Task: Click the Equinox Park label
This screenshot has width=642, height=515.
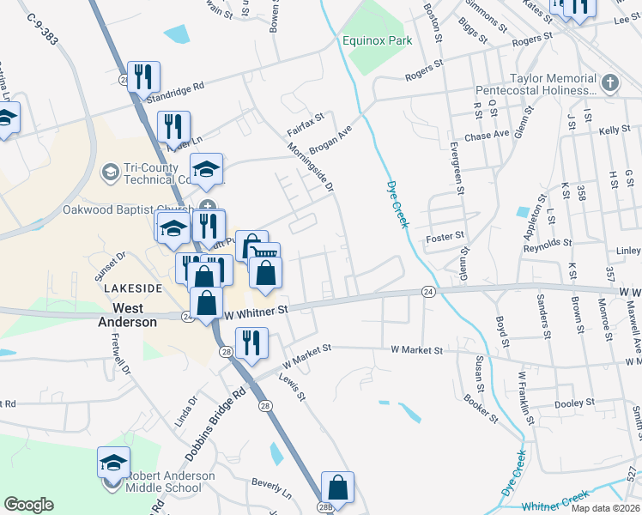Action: pyautogui.click(x=378, y=40)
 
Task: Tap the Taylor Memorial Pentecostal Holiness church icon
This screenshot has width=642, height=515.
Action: pyautogui.click(x=609, y=83)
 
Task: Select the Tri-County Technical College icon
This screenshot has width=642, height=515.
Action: pyautogui.click(x=110, y=173)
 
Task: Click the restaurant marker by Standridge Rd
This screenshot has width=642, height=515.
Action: pyautogui.click(x=142, y=76)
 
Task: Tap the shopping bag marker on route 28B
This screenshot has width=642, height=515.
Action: pyautogui.click(x=338, y=486)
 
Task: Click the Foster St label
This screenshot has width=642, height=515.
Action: pyautogui.click(x=445, y=235)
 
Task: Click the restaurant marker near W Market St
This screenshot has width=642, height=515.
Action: pyautogui.click(x=251, y=342)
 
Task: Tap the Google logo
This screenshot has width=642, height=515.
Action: pyautogui.click(x=29, y=505)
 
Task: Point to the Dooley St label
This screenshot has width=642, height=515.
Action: pyautogui.click(x=575, y=403)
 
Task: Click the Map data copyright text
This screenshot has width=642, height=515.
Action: pyautogui.click(x=607, y=508)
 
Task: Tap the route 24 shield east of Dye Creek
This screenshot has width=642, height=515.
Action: pyautogui.click(x=427, y=292)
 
